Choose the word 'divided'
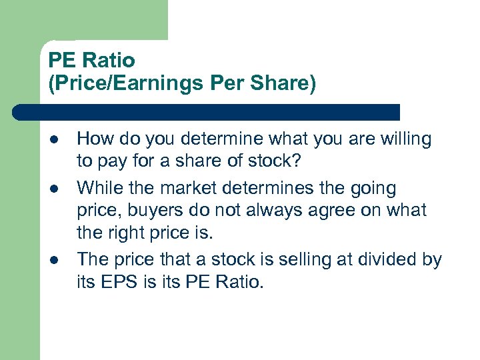click(388, 259)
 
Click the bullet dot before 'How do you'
click(53, 140)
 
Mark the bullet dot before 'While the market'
click(53, 189)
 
